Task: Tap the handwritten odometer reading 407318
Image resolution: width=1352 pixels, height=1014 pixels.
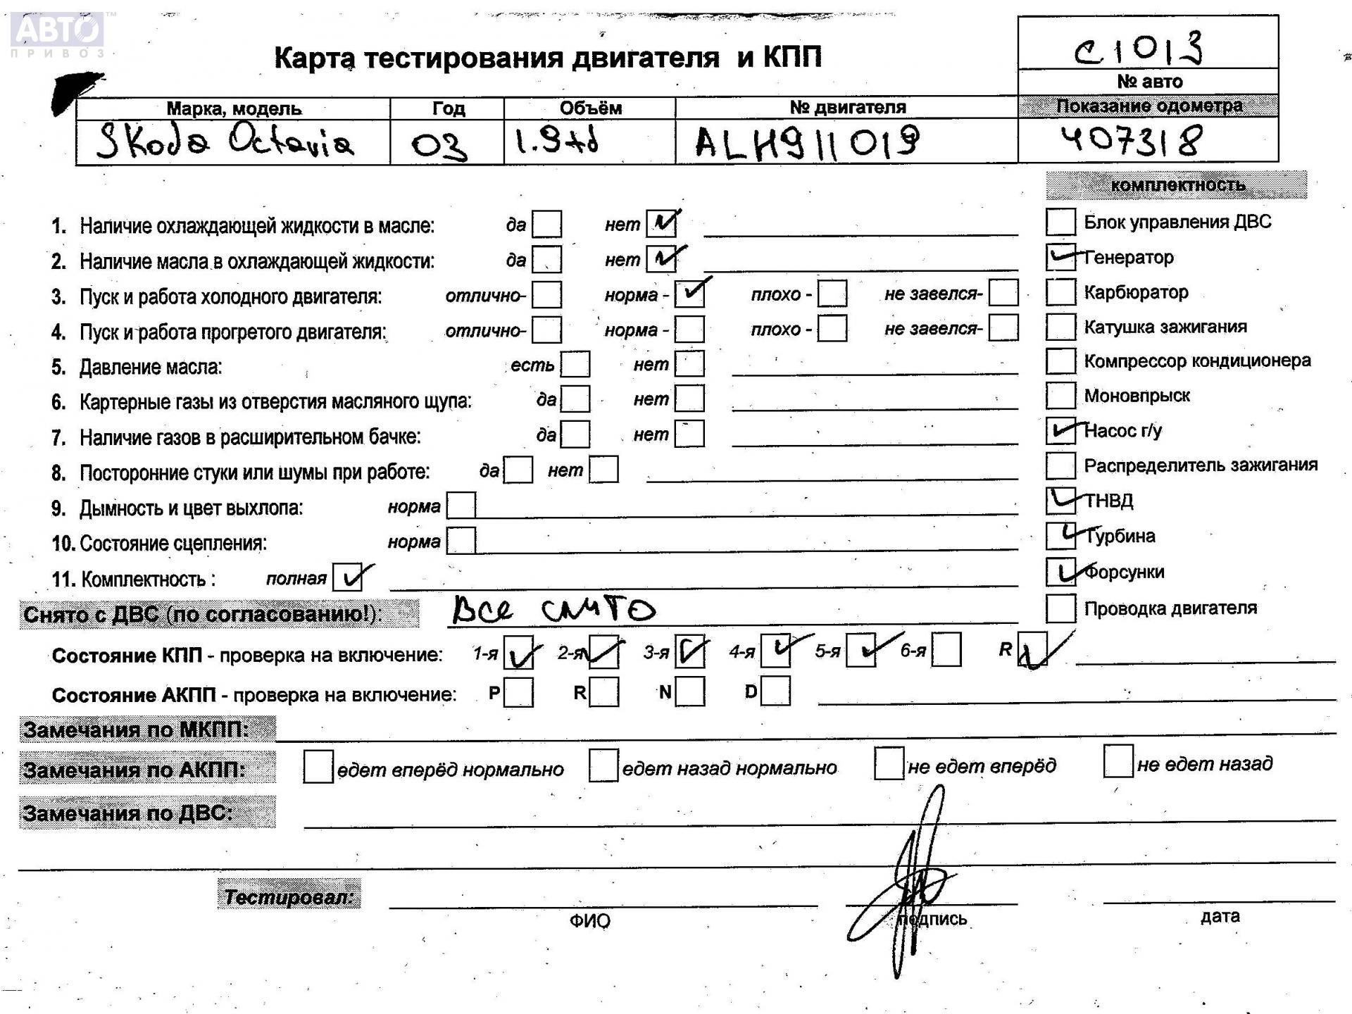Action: [x=1131, y=140]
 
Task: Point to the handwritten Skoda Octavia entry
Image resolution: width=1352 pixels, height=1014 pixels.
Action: [x=225, y=141]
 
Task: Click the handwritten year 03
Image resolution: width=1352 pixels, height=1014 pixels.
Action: [x=439, y=145]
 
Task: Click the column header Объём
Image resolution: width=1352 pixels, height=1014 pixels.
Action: [x=590, y=108]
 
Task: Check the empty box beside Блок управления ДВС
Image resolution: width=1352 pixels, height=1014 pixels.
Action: [x=1060, y=222]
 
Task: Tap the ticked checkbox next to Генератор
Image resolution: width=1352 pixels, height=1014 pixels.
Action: [x=1060, y=257]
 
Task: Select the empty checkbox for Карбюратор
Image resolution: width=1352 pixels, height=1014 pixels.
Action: [x=1060, y=292]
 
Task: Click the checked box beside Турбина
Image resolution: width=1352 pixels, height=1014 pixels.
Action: [x=1060, y=536]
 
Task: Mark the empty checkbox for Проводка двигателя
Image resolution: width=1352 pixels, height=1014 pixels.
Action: [x=1060, y=608]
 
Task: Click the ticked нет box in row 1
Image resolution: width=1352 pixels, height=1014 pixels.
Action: [x=661, y=224]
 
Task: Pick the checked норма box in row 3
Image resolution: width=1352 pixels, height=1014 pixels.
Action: [x=689, y=294]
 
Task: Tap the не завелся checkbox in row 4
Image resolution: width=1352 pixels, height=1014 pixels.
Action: [x=1003, y=327]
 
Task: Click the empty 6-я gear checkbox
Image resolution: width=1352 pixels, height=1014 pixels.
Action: [x=946, y=650]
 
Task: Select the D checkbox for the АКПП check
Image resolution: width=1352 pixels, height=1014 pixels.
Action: [x=775, y=691]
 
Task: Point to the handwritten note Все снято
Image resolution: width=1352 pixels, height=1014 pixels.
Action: [x=553, y=610]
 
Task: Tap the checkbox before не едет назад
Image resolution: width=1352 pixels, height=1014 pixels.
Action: [x=1118, y=762]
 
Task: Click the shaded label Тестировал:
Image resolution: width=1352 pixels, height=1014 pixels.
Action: [x=289, y=896]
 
